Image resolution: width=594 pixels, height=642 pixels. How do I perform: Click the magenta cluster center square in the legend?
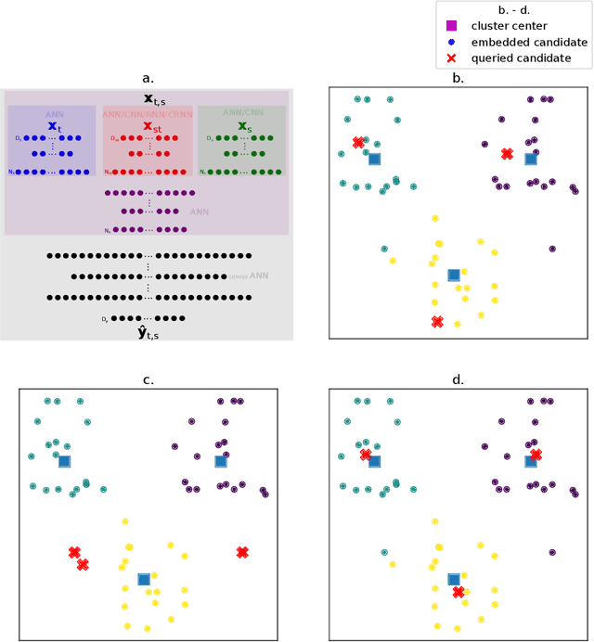coord(453,25)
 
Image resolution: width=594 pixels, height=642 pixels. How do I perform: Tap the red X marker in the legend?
coord(453,58)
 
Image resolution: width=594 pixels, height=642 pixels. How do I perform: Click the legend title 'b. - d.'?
coord(513,9)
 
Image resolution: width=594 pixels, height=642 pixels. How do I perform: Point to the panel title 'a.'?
coord(148,80)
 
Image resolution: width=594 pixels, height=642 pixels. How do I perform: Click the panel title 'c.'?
coord(148,379)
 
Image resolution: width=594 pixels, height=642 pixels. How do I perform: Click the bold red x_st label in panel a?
coord(148,125)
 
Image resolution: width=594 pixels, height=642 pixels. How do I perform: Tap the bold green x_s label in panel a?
coord(243,125)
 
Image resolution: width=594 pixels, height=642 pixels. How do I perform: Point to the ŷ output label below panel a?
coord(148,331)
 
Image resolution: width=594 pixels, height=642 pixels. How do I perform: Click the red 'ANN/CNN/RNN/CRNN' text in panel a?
coord(148,114)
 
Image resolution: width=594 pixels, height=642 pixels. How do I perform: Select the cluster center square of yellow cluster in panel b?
coord(454,275)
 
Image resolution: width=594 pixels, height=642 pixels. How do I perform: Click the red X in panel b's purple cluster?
coord(507,154)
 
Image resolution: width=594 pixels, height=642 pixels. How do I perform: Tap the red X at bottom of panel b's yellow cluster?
coord(437,321)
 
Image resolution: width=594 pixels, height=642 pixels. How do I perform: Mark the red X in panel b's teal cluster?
coord(358,143)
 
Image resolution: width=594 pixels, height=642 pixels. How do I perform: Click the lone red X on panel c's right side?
coord(242,552)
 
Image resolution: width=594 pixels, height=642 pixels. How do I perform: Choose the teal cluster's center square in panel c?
coord(64,461)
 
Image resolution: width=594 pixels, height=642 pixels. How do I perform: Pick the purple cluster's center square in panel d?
coord(531,461)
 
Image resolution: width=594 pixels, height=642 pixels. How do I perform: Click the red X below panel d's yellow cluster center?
coord(458,591)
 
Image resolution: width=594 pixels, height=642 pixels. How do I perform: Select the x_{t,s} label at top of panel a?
coord(148,97)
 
